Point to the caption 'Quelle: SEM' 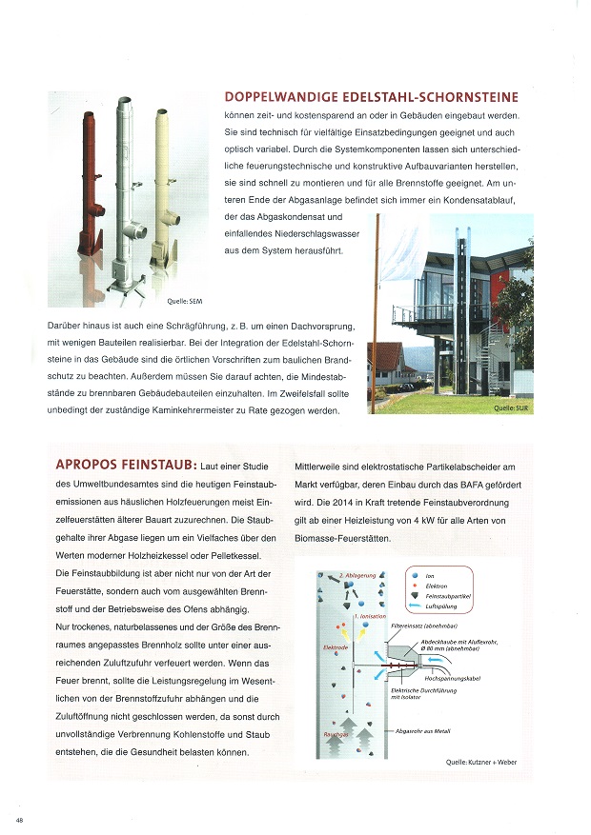coord(185,301)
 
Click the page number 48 coord(19,820)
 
